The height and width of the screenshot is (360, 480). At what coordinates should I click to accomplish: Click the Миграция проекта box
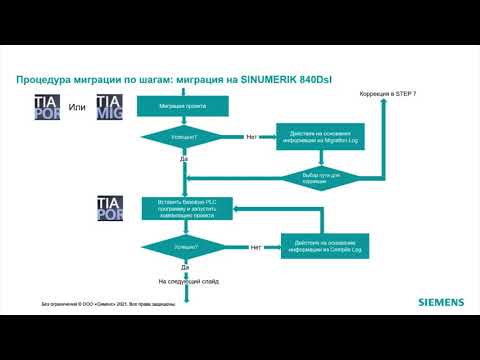(185, 105)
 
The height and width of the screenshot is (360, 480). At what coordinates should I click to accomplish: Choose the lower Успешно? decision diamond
(185, 246)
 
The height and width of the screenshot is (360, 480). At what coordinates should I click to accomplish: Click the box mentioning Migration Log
(319, 137)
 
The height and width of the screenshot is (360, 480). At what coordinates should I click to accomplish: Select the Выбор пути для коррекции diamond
(319, 176)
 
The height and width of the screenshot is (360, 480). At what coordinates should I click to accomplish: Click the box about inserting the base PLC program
(185, 208)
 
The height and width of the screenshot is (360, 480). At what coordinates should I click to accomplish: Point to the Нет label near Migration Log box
(252, 136)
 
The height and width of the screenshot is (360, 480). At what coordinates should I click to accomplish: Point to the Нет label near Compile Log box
(256, 246)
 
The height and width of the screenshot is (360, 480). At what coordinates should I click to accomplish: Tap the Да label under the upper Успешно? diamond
(185, 159)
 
